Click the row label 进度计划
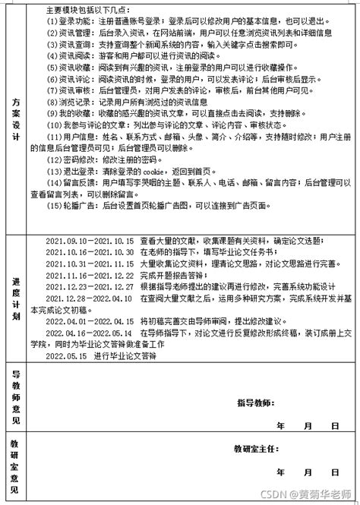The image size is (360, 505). point(16,301)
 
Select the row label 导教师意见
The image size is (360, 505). point(16,399)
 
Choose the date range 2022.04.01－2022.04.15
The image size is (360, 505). point(90,321)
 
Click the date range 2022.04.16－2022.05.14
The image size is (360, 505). point(90,333)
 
